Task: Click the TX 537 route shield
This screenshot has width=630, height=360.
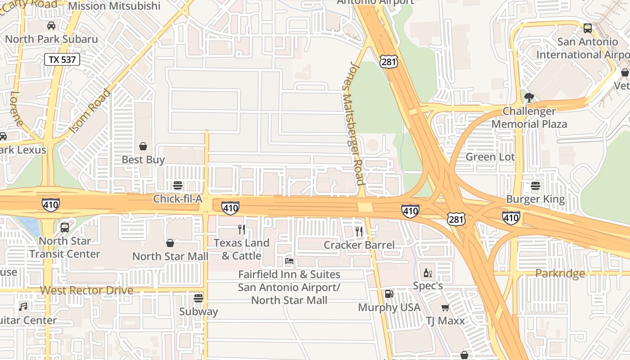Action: tap(62, 59)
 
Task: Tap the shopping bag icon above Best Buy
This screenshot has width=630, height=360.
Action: tap(143, 146)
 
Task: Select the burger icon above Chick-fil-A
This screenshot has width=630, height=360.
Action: tap(178, 185)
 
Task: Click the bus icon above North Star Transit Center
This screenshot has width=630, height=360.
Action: tap(65, 227)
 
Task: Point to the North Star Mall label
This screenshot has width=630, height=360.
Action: tap(170, 256)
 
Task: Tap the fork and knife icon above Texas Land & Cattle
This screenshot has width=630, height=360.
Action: tap(242, 229)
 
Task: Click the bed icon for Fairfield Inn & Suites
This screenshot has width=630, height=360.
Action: tap(289, 261)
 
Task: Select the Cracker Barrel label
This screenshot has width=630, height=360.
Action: tap(359, 245)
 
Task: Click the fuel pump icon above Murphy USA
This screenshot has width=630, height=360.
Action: tap(389, 294)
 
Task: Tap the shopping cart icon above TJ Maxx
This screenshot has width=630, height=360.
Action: tap(445, 307)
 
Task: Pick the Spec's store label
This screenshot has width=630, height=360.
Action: tap(428, 286)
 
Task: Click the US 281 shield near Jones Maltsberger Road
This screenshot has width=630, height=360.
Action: tap(388, 61)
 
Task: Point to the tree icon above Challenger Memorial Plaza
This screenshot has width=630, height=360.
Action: tap(529, 97)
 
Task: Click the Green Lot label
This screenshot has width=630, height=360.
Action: tap(490, 157)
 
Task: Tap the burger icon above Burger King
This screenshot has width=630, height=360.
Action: tap(535, 185)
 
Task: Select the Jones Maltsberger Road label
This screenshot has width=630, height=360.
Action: tap(353, 124)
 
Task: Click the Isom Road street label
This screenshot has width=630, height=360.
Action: tap(90, 111)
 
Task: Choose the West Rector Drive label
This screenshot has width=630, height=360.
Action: tap(86, 290)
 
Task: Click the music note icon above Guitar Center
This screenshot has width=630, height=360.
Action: tap(23, 307)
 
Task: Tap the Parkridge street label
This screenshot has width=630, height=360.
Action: tap(560, 274)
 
